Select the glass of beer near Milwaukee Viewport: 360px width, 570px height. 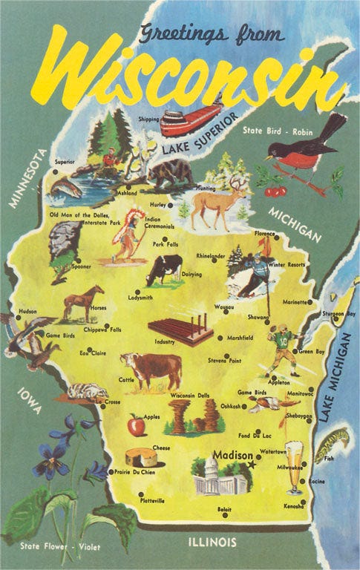[295, 466]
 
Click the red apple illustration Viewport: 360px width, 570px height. [136, 426]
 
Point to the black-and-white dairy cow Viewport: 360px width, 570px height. [164, 269]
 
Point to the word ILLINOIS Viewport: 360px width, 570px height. [213, 541]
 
